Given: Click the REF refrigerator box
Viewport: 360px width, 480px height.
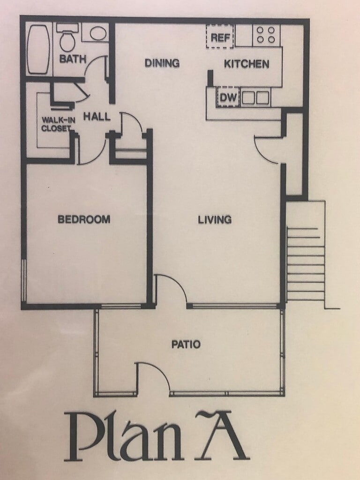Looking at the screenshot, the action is (x=220, y=37).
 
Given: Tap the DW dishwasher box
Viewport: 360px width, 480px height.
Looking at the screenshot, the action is (x=228, y=97).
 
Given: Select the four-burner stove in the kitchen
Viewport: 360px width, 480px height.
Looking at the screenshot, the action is (x=266, y=35).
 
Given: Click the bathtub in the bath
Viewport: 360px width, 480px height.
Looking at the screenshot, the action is (x=38, y=49).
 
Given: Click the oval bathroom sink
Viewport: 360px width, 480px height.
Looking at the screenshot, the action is (x=97, y=33).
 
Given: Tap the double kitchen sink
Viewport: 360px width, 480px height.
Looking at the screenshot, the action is (x=255, y=98).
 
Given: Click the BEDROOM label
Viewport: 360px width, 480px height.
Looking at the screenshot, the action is (x=84, y=219).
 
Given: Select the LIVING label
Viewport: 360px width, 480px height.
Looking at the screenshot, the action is (x=215, y=219).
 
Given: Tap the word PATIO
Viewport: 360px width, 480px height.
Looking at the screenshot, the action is (x=186, y=345).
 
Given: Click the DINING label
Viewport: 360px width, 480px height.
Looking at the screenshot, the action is (x=162, y=63).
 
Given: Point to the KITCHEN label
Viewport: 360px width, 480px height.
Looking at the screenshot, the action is (x=247, y=64).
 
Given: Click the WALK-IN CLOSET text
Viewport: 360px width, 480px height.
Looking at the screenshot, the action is (x=58, y=124).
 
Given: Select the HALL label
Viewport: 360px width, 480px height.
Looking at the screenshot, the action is (x=97, y=116).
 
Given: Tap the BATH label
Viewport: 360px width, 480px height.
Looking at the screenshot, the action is (x=73, y=59).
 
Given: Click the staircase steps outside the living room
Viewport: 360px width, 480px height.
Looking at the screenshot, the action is (x=306, y=263).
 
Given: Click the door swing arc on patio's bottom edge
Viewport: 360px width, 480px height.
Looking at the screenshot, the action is (x=159, y=369).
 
